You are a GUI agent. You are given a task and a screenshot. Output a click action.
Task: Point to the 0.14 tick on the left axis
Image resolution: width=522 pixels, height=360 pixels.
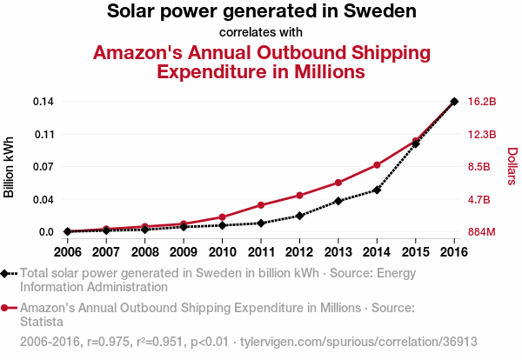[44, 102]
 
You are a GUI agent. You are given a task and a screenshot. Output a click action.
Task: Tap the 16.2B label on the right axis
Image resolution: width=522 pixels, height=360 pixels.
[482, 102]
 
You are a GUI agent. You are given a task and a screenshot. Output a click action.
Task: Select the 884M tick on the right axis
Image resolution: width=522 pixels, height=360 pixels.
[482, 232]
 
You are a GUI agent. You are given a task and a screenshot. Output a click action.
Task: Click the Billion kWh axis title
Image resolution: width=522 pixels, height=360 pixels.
[10, 167]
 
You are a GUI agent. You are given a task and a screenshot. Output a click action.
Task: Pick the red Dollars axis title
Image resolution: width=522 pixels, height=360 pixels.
[512, 166]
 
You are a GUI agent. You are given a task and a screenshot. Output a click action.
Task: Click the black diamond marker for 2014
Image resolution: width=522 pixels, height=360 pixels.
[377, 190]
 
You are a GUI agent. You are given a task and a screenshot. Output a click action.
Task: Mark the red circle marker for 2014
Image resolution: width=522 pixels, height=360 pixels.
[377, 164]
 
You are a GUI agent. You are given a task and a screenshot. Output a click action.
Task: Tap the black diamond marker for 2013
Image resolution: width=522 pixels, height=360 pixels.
[338, 201]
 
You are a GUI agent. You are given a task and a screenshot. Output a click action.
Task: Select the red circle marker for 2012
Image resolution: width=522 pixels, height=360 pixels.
[299, 195]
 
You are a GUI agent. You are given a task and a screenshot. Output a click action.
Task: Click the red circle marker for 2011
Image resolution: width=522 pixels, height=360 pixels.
[261, 205]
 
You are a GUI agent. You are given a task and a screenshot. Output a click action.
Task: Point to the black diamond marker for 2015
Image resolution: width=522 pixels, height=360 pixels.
[416, 143]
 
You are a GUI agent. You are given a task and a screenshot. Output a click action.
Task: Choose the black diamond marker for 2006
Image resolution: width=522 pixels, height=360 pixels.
[67, 231]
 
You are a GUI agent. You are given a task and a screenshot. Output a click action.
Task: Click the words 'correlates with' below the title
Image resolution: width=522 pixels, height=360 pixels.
[261, 33]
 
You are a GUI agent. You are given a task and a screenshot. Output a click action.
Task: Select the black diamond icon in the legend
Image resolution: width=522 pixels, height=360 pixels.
[6, 273]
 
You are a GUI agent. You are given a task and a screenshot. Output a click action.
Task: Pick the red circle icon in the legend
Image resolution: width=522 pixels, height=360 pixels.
[6, 308]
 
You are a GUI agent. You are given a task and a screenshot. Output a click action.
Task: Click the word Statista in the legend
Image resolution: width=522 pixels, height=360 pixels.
[41, 323]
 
